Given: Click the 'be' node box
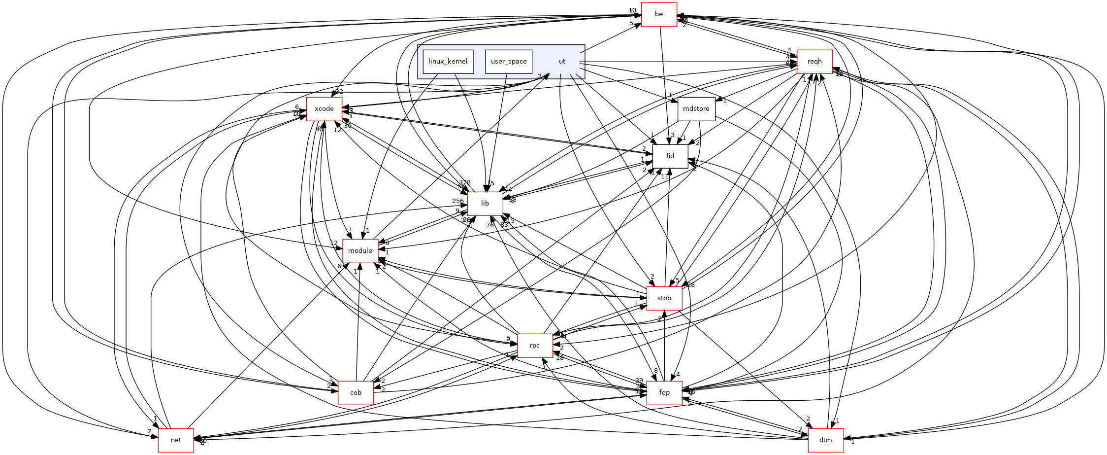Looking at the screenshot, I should tap(659, 14).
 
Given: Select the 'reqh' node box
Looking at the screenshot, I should tap(814, 62).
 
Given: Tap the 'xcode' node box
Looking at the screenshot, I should tap(324, 109).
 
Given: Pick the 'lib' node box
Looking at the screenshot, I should tap(485, 204).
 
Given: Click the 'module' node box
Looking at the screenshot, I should tap(360, 251).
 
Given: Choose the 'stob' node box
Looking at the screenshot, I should tap(664, 298).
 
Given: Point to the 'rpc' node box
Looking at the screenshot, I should tap(535, 346).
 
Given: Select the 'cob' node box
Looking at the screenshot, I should tap(356, 393).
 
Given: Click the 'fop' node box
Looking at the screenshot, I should tap(664, 393).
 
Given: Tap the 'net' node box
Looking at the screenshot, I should tap(176, 440).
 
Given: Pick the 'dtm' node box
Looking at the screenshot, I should tap(826, 440).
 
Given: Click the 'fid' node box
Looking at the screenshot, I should tap(670, 156).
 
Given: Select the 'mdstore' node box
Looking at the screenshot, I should tap(696, 109).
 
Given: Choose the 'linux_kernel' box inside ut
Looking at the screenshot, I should tap(448, 62).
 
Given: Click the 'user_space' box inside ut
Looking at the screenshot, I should tap(509, 62).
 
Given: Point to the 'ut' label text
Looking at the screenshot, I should tap(562, 62).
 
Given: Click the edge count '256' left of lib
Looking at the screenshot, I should tap(458, 201).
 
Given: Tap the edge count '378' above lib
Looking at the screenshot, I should tap(465, 182).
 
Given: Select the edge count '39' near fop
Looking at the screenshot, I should tap(639, 381).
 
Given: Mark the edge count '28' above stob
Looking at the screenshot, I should tap(691, 285).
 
